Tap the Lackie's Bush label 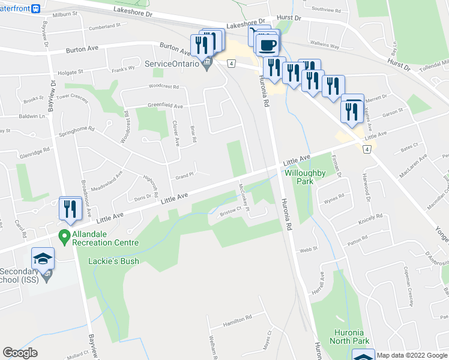113,261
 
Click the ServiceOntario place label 172,64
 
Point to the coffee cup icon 267,44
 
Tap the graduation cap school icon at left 43,259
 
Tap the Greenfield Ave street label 165,106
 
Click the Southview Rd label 326,10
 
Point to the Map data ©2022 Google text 412,355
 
